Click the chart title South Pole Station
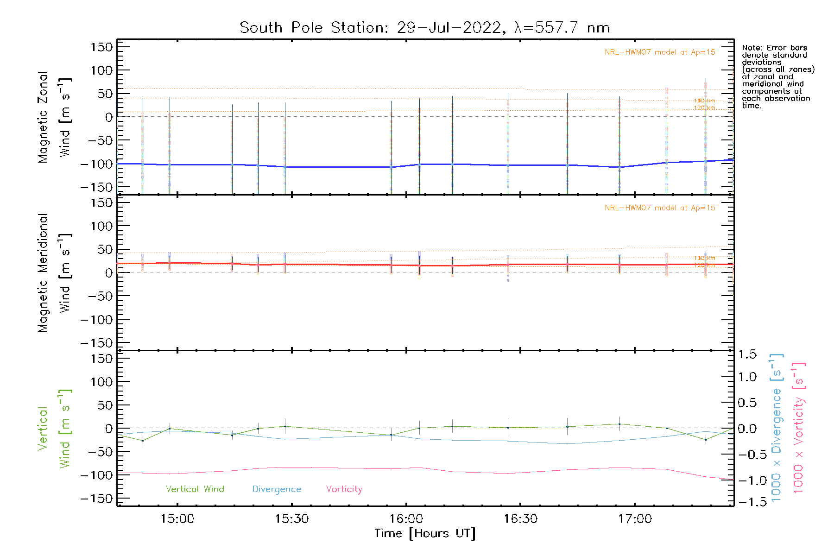(424, 28)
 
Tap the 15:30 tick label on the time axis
(291, 519)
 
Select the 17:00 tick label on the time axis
(635, 519)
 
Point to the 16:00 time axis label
(406, 519)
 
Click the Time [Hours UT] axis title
(425, 533)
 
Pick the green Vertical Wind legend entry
(195, 489)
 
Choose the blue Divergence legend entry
(277, 489)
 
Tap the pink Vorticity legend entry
(344, 489)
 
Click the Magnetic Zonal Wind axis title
(54, 117)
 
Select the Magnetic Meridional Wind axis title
(54, 273)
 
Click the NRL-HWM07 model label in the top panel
(660, 52)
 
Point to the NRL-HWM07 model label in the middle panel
(660, 208)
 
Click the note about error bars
(777, 76)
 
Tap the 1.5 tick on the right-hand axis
(747, 354)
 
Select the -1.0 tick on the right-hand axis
(747, 480)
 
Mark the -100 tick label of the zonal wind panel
(96, 164)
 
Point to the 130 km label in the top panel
(704, 101)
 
